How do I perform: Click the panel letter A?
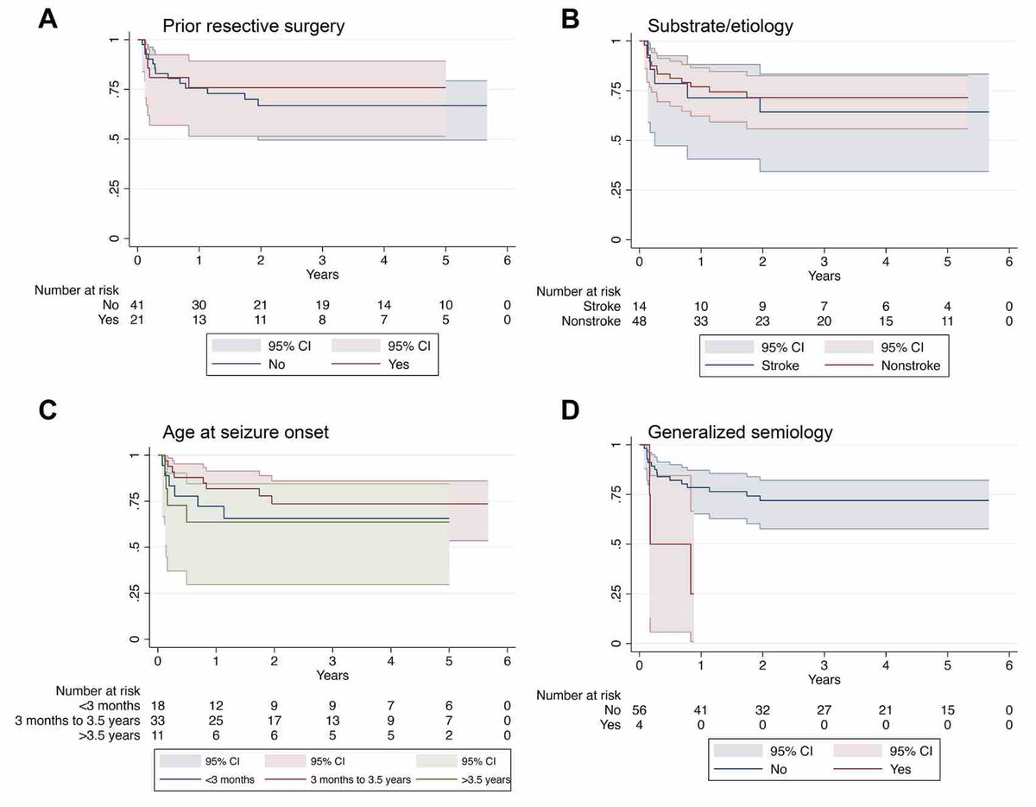(47, 19)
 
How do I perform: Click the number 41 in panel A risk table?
(136, 305)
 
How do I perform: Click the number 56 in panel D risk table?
(639, 710)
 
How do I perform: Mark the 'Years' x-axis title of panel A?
(322, 275)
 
